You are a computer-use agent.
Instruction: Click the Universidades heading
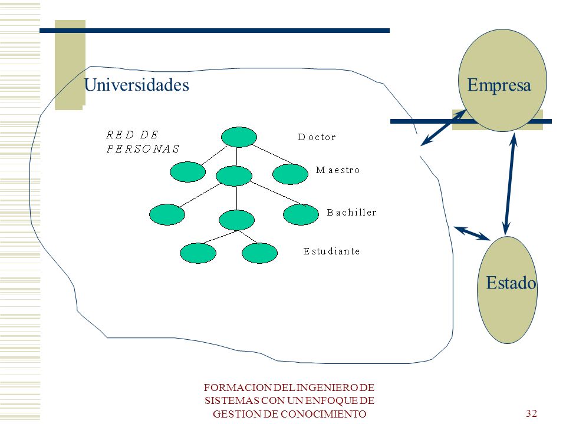tap(136, 85)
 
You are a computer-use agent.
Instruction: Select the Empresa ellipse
tap(502, 80)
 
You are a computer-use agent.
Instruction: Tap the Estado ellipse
tap(507, 290)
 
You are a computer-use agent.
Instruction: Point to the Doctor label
tap(317, 137)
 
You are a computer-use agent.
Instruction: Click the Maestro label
tap(337, 170)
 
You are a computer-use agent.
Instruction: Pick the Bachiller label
tap(351, 213)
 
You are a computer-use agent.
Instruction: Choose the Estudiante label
tap(331, 251)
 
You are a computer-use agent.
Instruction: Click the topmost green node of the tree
tap(239, 137)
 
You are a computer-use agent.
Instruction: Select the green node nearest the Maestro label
tap(290, 174)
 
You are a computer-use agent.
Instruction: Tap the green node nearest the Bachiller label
tap(301, 214)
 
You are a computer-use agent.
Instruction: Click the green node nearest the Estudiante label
tap(259, 253)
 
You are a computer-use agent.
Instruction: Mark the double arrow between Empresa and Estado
tap(509, 184)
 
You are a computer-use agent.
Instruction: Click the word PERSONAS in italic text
tap(143, 148)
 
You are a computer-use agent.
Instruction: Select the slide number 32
tap(531, 413)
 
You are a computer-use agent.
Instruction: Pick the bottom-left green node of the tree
tap(198, 253)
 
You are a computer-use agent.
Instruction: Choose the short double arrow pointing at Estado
tap(472, 233)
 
